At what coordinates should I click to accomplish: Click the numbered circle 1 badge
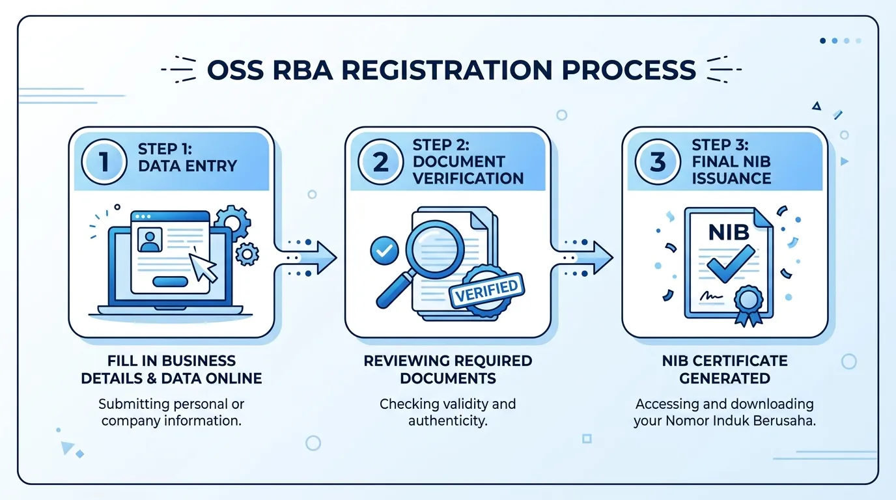point(104,161)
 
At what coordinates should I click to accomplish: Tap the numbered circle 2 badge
point(380,161)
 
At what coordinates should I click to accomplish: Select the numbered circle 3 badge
point(658,161)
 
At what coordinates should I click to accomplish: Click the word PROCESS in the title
point(629,70)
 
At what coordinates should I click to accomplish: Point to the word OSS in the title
point(235,70)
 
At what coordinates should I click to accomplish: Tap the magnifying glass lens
point(435,249)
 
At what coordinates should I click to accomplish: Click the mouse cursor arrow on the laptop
point(203,267)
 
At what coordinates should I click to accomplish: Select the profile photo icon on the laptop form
point(150,240)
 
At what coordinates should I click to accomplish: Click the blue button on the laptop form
point(171,282)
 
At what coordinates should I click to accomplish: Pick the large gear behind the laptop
point(232,223)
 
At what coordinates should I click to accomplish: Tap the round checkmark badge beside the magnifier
point(384,251)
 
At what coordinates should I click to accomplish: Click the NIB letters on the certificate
point(729,232)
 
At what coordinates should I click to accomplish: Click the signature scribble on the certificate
point(711,296)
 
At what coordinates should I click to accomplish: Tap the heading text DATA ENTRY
point(188,165)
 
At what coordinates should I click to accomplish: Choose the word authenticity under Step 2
point(448,421)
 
